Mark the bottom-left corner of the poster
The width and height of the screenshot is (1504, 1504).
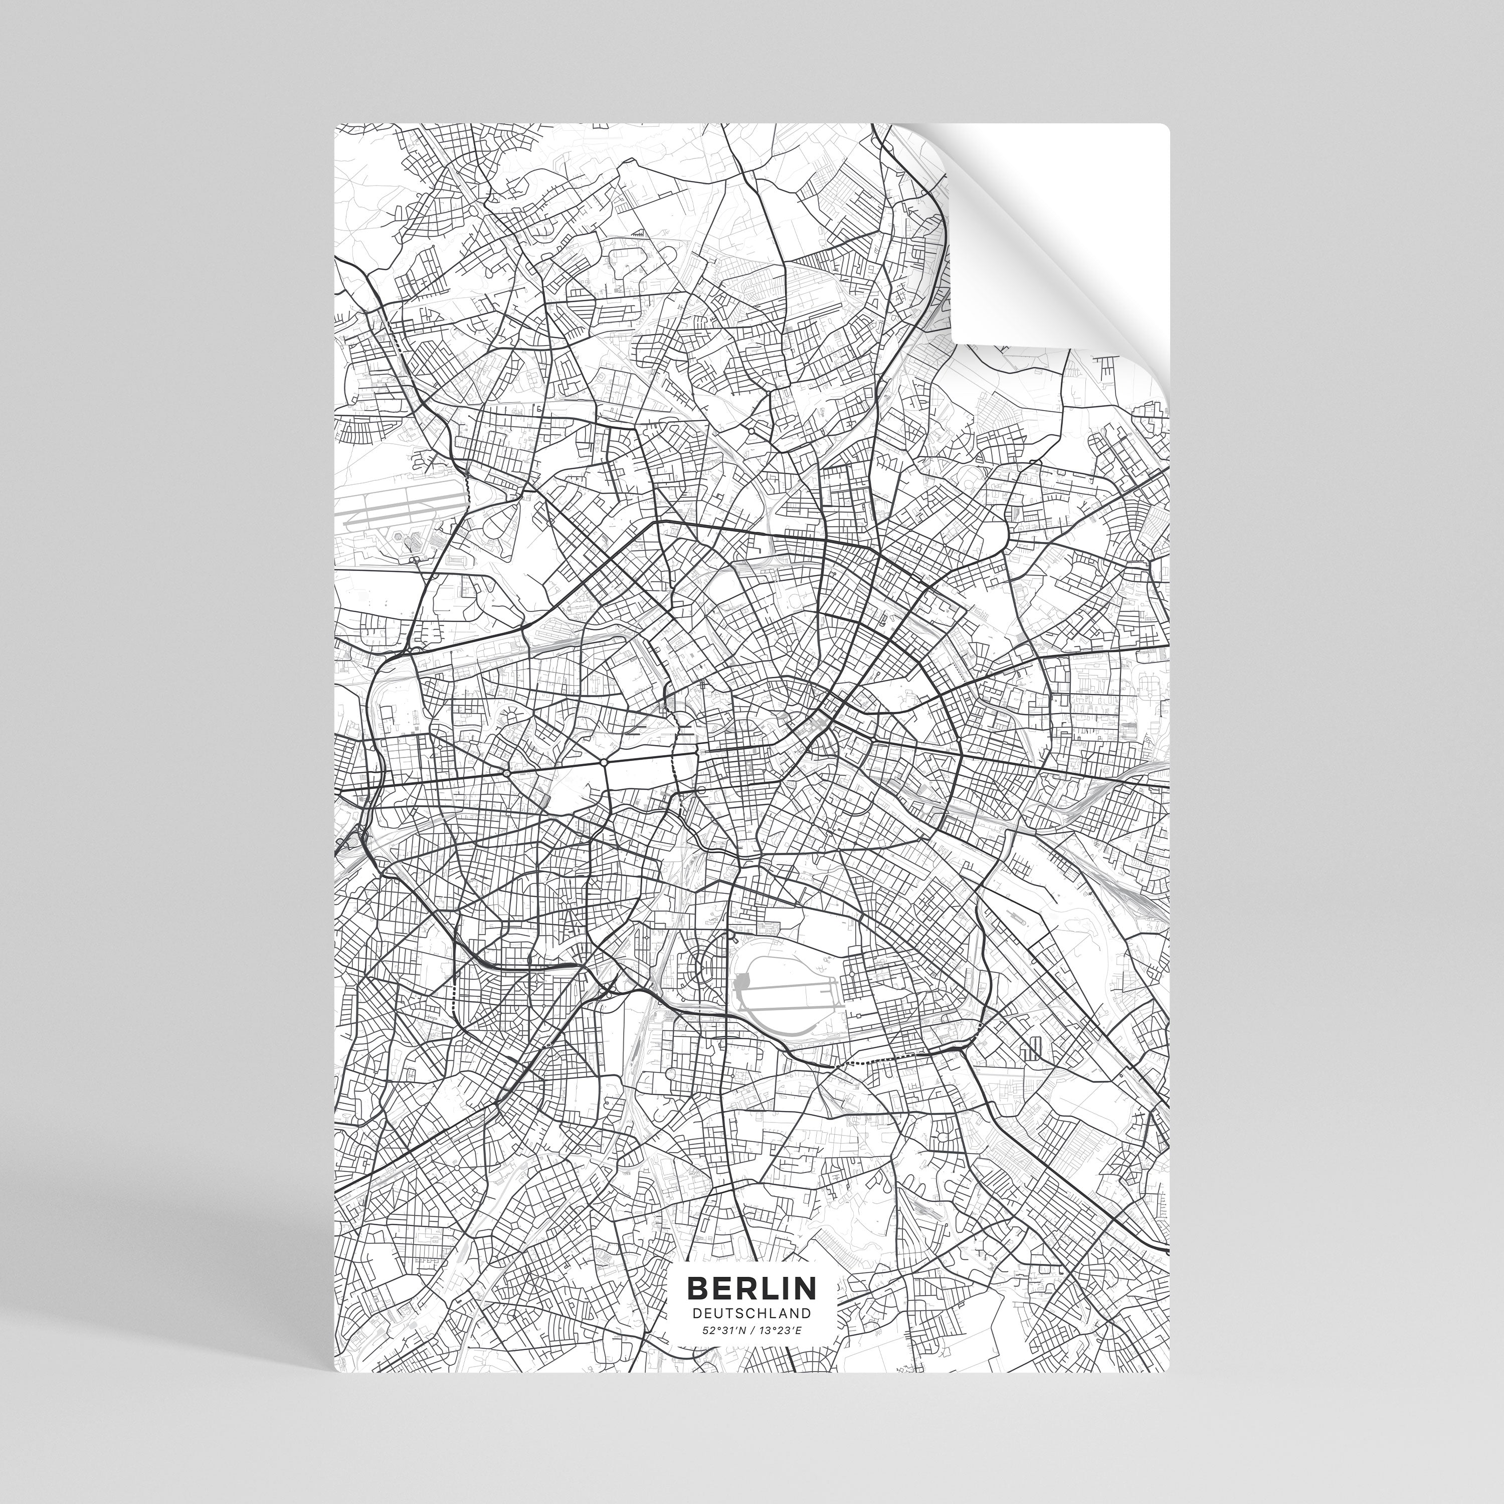(337, 1391)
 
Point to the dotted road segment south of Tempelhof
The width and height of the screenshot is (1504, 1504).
(880, 1061)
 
